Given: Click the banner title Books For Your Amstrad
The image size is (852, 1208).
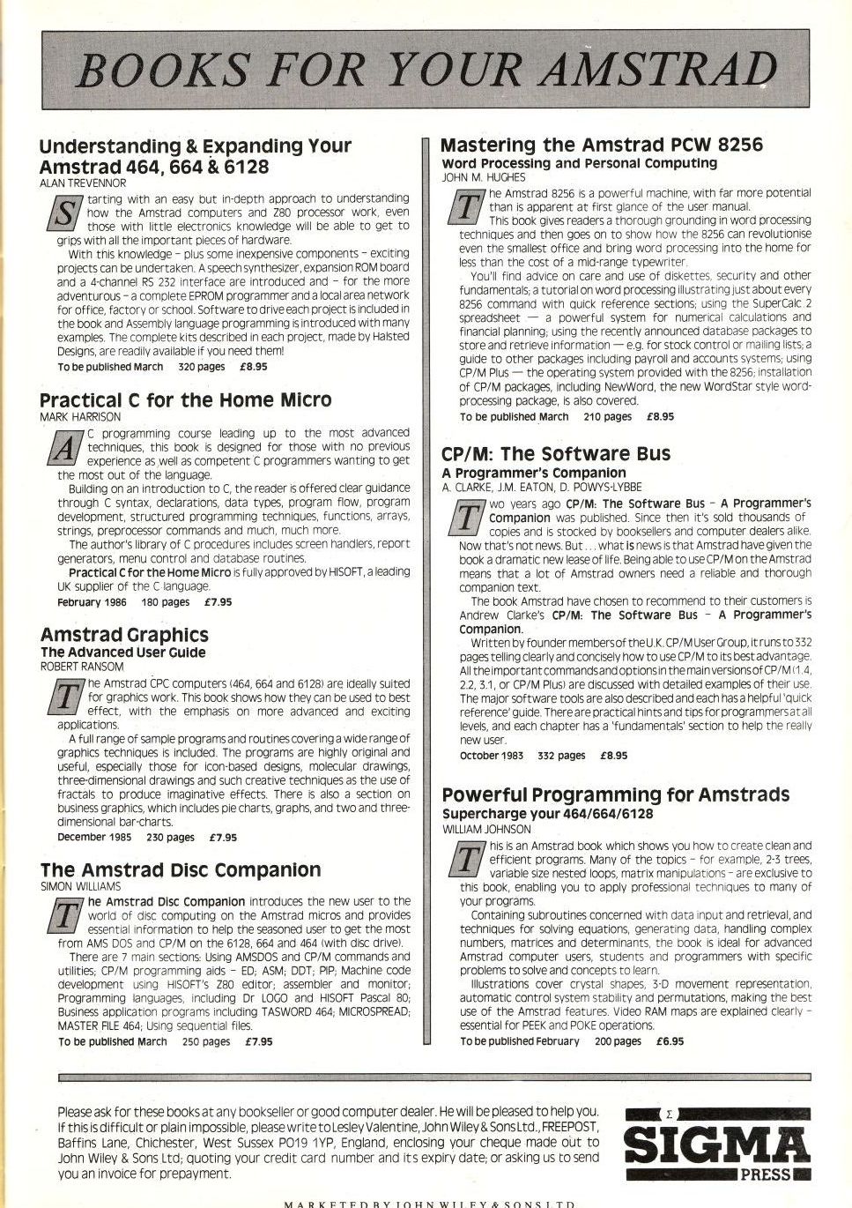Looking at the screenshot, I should pyautogui.click(x=426, y=70).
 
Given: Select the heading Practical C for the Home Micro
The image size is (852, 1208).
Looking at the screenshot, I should pyautogui.click(x=185, y=400).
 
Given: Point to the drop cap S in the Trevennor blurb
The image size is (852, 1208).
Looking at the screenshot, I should pyautogui.click(x=63, y=213).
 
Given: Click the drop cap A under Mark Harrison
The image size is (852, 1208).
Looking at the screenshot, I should pyautogui.click(x=63, y=449).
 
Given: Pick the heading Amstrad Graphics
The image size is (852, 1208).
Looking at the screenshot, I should pyautogui.click(x=124, y=635).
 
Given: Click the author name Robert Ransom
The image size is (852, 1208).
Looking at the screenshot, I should pyautogui.click(x=82, y=667).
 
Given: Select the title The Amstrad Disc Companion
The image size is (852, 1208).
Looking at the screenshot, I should pyautogui.click(x=181, y=870).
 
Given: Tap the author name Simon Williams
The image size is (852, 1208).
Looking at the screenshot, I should pyautogui.click(x=81, y=886).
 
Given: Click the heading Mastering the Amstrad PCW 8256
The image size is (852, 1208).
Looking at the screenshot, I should pyautogui.click(x=601, y=145).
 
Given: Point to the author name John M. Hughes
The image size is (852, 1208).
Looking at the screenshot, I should pyautogui.click(x=483, y=177).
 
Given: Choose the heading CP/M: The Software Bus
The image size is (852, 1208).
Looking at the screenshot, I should pyautogui.click(x=555, y=454).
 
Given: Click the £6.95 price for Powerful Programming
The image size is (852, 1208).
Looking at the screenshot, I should pyautogui.click(x=670, y=1041).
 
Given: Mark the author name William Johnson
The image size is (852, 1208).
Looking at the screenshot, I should pyautogui.click(x=486, y=829).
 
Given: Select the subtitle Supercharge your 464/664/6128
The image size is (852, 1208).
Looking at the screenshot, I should pyautogui.click(x=547, y=814).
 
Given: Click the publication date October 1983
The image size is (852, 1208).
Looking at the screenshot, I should pyautogui.click(x=491, y=756).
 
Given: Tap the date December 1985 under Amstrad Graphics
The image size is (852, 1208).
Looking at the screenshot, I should pyautogui.click(x=93, y=838).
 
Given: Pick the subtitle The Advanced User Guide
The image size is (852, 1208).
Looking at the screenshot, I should pyautogui.click(x=122, y=652).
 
